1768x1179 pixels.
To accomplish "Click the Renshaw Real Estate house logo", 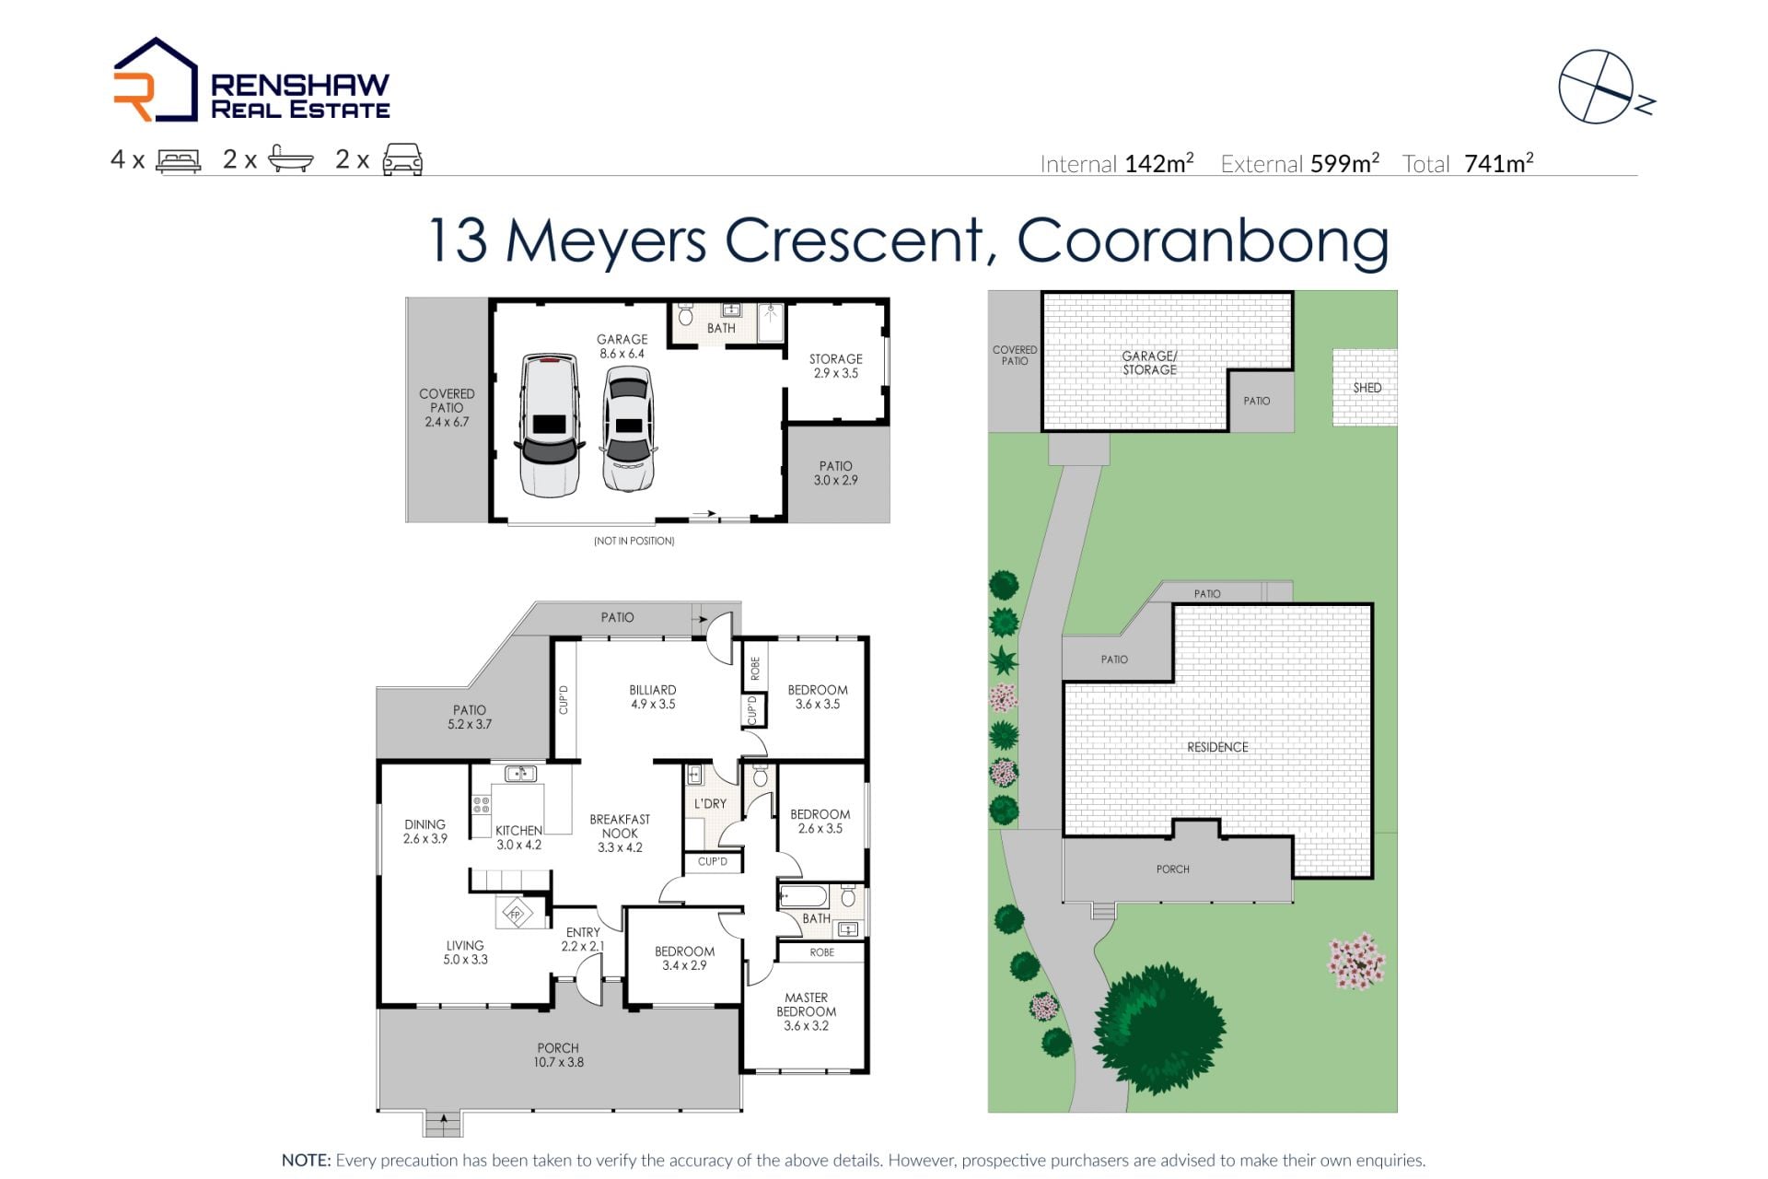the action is click(x=155, y=80).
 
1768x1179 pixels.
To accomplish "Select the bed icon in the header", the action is click(x=179, y=161).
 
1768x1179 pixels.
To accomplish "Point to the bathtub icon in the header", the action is click(x=291, y=160).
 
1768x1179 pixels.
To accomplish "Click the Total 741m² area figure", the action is click(x=1468, y=164).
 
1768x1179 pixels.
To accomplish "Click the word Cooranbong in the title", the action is click(x=1203, y=241).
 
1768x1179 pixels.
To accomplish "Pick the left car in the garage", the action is click(x=550, y=425).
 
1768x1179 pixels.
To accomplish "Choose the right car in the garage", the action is click(x=629, y=429).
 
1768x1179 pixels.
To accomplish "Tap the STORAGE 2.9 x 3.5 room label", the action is click(x=836, y=366).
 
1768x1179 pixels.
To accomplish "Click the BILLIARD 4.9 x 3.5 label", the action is click(x=653, y=696).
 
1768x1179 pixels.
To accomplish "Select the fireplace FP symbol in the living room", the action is click(x=516, y=914).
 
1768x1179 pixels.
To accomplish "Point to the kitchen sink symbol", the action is click(x=521, y=774).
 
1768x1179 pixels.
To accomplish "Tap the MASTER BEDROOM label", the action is click(x=806, y=1011).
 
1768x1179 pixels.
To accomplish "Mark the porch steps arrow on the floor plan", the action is click(x=444, y=1121).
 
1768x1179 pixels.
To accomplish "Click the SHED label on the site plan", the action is click(x=1367, y=388).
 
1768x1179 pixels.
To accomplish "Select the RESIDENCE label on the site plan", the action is click(x=1217, y=747).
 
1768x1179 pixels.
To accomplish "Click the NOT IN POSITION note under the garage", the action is click(x=634, y=541).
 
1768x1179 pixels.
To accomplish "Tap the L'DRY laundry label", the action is click(x=710, y=803).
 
